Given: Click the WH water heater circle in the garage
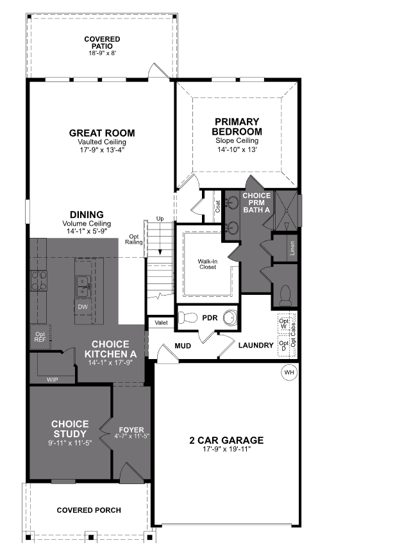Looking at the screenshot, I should click(289, 372).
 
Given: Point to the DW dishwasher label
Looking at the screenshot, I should click(83, 307).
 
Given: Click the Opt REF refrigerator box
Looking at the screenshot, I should click(40, 336).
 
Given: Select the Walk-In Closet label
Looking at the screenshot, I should click(207, 264).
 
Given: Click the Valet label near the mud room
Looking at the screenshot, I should click(161, 323).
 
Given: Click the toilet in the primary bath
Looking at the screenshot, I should click(286, 295).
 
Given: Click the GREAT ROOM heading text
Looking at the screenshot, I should click(102, 133).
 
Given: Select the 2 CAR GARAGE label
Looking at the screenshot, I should click(226, 440).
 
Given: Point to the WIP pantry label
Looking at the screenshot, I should click(53, 380).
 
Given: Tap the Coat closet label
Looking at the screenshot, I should click(218, 206).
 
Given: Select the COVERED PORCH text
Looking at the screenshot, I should click(88, 510).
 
